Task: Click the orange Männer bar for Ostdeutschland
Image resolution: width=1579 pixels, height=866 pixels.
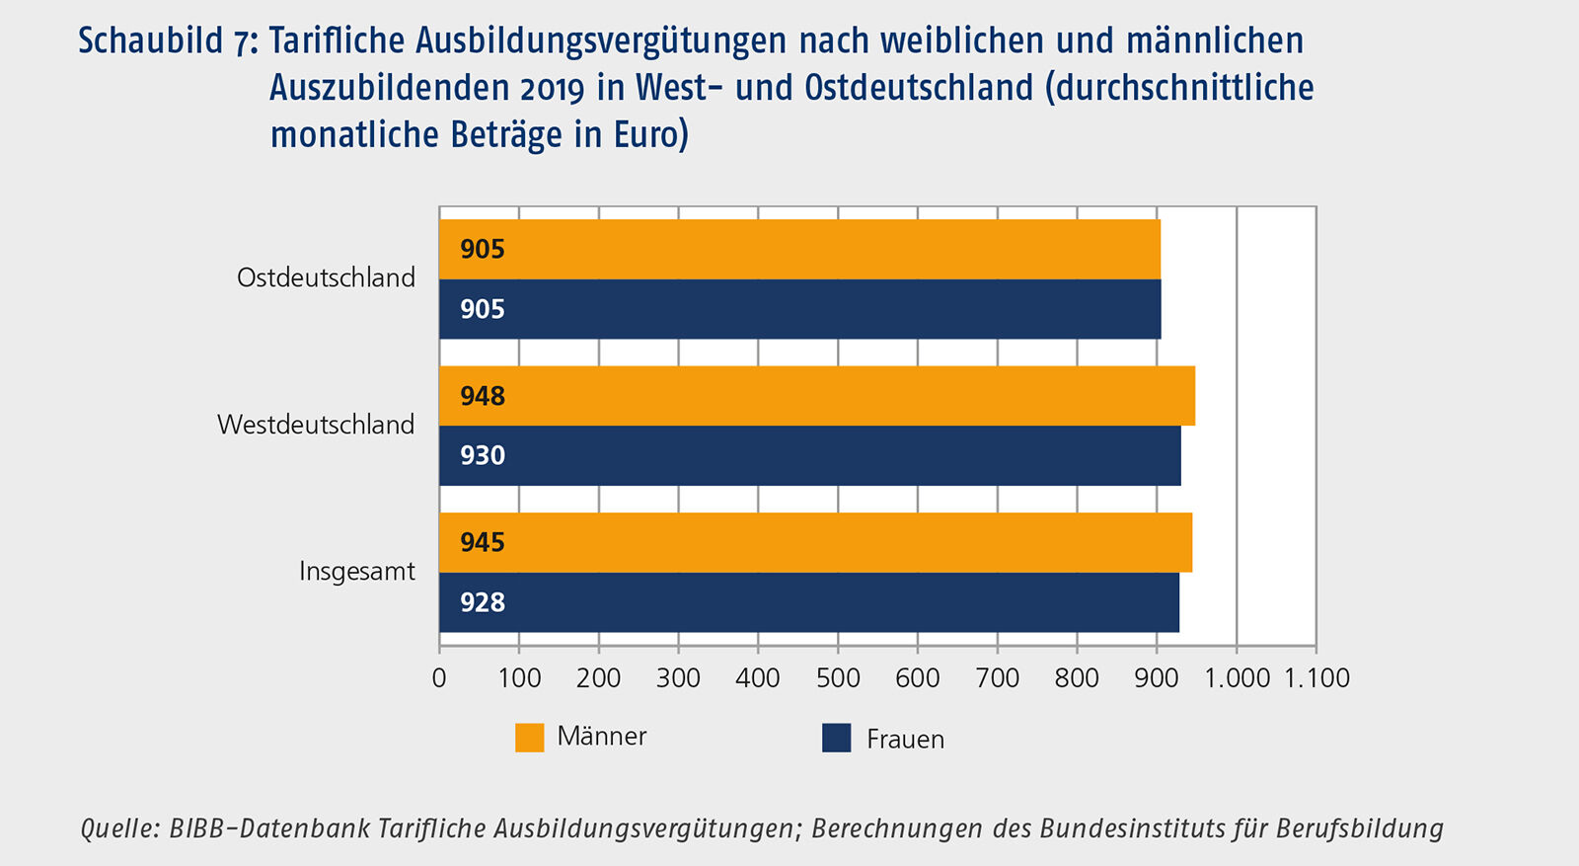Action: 799,249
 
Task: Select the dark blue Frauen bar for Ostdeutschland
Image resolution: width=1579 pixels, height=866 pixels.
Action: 799,309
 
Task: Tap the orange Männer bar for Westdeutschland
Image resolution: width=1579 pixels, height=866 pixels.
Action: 817,396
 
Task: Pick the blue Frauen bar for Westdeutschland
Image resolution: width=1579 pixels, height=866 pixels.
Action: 809,455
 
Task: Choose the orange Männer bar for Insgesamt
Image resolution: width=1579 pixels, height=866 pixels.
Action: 815,542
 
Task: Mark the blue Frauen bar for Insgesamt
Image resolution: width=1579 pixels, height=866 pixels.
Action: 809,602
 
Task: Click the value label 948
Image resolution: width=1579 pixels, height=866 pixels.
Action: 483,396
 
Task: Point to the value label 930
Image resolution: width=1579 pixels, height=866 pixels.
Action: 483,455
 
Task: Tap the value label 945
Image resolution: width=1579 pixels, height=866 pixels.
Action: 483,542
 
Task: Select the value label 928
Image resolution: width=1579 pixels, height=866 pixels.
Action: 483,602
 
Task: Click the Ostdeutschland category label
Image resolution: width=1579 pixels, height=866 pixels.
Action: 326,278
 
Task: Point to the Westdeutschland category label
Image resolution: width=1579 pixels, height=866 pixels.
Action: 316,425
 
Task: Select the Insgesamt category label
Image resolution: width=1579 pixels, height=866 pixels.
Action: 356,572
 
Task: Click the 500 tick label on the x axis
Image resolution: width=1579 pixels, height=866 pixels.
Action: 838,678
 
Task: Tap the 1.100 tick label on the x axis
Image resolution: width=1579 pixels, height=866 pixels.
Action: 1316,678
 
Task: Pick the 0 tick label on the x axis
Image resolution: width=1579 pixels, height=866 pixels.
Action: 439,678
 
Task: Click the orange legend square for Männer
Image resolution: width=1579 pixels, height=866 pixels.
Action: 530,738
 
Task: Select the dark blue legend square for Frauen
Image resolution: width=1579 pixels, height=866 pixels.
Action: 836,738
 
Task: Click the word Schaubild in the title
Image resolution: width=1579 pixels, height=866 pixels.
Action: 150,41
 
